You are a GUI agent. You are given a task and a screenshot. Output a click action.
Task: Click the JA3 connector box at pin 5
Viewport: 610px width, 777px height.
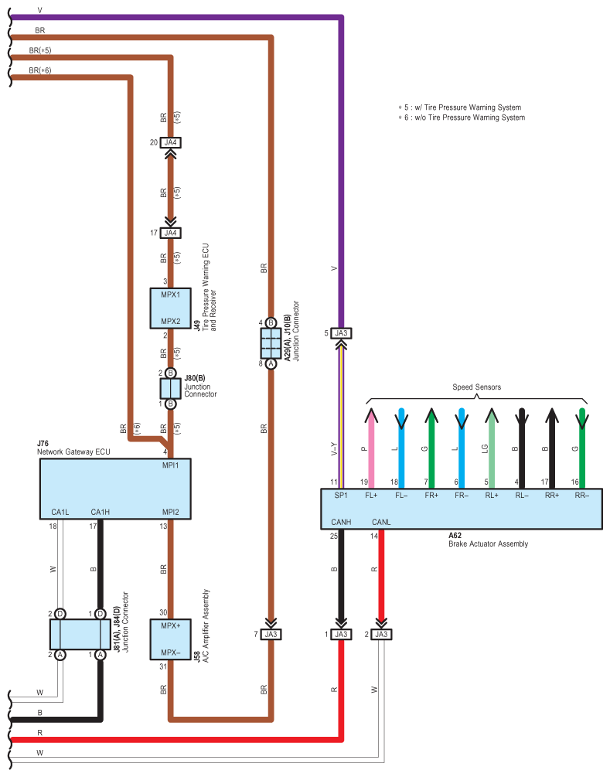click(341, 333)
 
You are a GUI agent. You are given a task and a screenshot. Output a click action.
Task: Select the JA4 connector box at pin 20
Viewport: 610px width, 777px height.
click(170, 143)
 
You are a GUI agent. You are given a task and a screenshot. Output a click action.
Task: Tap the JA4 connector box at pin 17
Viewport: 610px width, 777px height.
click(170, 233)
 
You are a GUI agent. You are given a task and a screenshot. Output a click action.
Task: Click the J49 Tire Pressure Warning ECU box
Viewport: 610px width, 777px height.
click(170, 308)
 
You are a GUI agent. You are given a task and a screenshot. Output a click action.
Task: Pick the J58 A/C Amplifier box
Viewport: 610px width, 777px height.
click(170, 639)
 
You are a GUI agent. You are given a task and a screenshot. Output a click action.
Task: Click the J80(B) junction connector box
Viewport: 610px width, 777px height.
click(170, 388)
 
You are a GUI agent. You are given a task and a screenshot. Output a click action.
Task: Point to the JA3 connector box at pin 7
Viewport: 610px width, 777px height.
click(271, 634)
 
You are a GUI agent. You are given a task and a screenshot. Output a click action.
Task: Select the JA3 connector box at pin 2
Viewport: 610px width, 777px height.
click(381, 634)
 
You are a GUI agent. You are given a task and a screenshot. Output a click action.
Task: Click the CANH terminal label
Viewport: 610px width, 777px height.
click(341, 522)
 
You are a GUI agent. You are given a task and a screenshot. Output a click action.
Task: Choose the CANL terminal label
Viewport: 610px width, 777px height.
click(381, 522)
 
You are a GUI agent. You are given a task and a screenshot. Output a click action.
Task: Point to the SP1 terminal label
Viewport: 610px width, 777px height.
click(341, 495)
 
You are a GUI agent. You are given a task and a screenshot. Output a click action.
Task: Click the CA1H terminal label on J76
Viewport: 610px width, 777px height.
click(100, 512)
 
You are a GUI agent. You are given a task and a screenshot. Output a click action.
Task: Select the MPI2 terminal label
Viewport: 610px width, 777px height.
click(170, 512)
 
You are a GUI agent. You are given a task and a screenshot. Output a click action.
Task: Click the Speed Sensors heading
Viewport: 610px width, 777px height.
click(477, 387)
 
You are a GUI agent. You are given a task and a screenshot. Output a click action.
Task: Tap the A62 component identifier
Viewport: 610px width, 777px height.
click(455, 535)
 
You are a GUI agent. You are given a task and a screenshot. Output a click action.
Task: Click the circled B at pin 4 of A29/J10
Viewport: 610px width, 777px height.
click(271, 322)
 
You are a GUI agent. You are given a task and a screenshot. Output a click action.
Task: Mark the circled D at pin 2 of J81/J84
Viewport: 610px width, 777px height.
click(60, 614)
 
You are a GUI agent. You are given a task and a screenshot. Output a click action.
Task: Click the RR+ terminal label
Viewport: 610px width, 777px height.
click(551, 495)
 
